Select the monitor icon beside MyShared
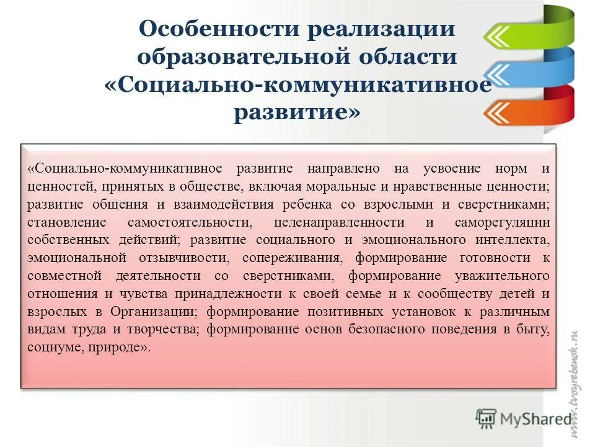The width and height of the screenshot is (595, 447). (486, 418)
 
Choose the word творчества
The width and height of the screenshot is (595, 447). (167, 330)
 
